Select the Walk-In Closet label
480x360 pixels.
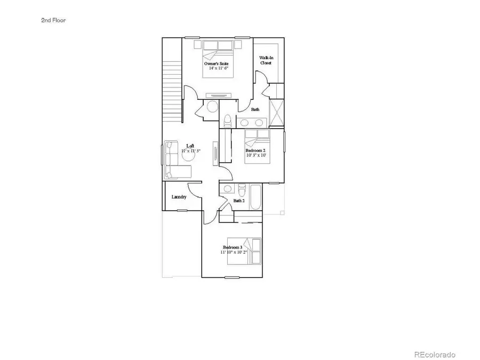[266, 60]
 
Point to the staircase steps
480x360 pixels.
[172, 85]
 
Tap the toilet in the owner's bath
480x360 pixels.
[227, 120]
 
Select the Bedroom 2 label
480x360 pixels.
[255, 151]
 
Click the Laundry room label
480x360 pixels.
[179, 197]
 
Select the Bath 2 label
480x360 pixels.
[239, 201]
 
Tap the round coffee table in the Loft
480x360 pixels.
[190, 153]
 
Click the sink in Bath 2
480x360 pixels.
[228, 188]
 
